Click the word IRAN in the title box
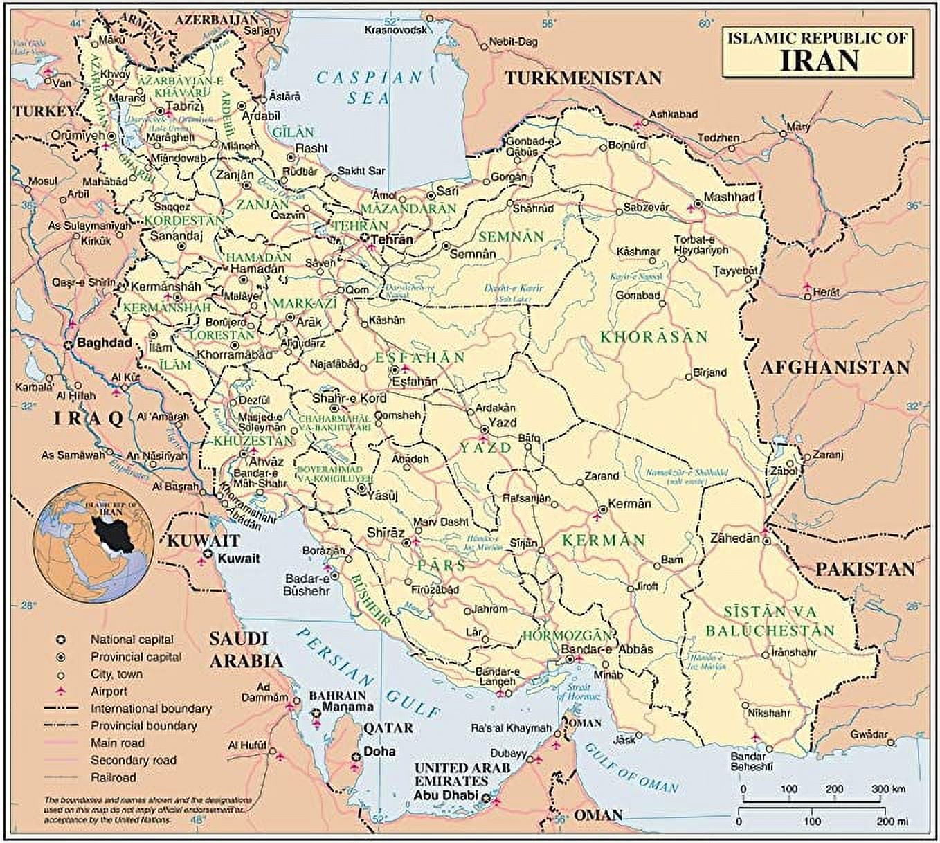coord(820,60)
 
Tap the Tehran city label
coord(392,239)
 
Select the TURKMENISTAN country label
coord(583,78)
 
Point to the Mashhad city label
coord(729,197)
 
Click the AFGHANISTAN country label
coord(835,368)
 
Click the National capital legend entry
coord(132,640)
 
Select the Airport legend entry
coord(109,691)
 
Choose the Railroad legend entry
coord(113,777)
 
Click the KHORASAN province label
coord(653,337)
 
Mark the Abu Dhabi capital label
coord(446,795)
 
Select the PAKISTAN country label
coord(865,569)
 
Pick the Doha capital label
coord(379,751)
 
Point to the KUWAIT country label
coord(203,541)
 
